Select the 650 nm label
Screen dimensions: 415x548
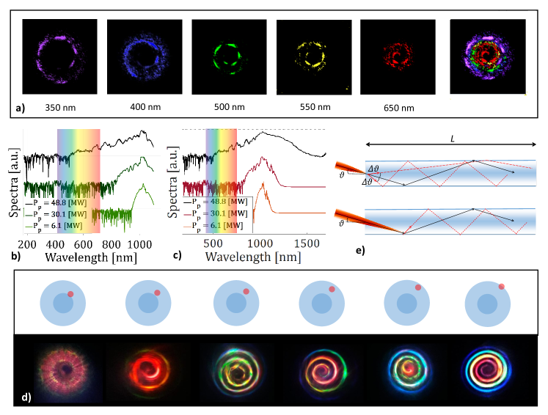pyautogui.click(x=398, y=108)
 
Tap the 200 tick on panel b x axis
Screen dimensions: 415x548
pyautogui.click(x=28, y=243)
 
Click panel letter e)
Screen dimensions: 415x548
pyautogui.click(x=360, y=251)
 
